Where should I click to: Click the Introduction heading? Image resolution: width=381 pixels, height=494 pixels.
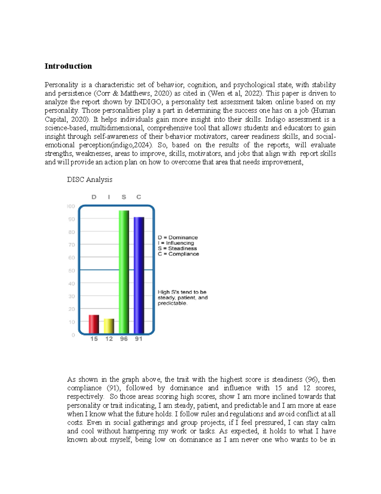[68, 66]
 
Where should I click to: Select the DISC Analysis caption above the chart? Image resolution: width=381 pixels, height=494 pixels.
[90, 179]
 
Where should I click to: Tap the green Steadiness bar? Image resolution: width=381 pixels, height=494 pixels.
[124, 272]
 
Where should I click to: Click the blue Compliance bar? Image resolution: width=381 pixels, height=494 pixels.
[139, 275]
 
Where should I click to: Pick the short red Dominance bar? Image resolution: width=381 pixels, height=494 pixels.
[94, 324]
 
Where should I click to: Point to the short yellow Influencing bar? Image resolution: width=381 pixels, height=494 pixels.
[109, 326]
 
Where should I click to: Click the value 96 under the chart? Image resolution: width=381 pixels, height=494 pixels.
[124, 339]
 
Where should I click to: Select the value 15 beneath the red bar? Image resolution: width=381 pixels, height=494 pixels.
[94, 339]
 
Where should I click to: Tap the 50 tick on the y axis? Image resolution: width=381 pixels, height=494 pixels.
[72, 271]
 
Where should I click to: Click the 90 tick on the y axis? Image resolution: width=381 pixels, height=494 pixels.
[72, 219]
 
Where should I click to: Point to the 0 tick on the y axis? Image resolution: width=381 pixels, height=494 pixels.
[73, 335]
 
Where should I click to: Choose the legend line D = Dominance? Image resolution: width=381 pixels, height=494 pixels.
[178, 238]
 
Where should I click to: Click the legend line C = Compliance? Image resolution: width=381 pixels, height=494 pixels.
[178, 254]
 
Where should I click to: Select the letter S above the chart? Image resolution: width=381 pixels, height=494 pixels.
[124, 197]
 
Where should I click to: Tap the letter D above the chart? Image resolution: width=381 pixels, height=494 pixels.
[94, 197]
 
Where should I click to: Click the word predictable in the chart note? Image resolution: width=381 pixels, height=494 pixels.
[172, 303]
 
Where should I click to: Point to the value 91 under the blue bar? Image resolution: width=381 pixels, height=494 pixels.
[139, 339]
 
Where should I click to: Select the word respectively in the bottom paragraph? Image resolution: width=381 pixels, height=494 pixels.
[85, 397]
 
